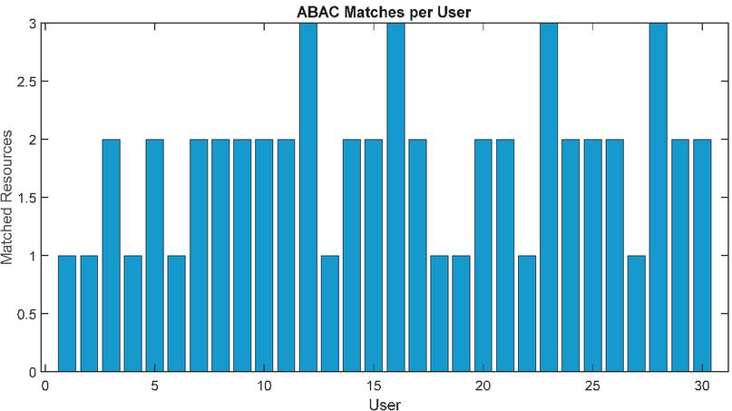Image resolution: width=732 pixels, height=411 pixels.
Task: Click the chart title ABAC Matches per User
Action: (385, 12)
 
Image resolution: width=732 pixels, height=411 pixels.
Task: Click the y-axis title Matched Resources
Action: (9, 198)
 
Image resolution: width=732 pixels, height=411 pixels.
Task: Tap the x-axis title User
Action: (385, 403)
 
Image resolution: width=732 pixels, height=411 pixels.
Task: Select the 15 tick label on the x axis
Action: (373, 385)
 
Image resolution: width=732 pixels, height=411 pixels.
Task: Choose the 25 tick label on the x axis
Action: (592, 385)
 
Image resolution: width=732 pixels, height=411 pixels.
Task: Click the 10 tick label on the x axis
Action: (264, 385)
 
